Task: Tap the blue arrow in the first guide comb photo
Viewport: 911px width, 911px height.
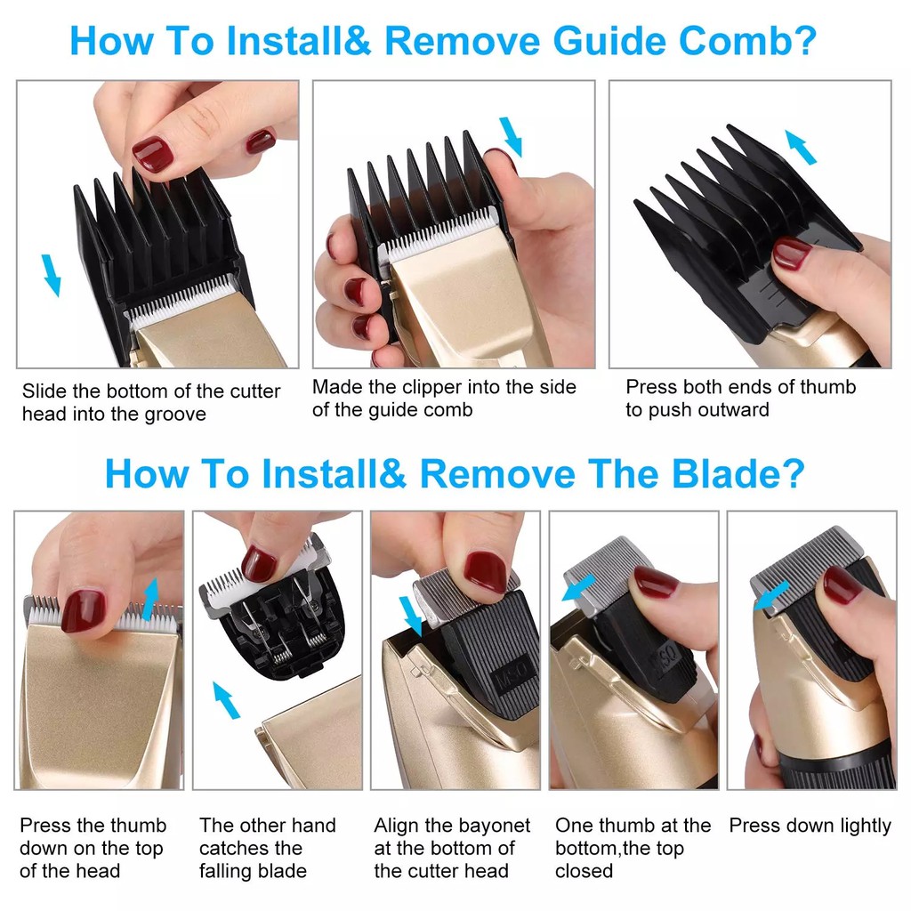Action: [x=51, y=276]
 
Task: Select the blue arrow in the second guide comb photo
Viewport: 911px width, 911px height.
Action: [x=512, y=137]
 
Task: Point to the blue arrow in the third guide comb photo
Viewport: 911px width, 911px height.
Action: [x=801, y=147]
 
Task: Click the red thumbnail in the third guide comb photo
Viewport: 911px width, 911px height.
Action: [x=790, y=253]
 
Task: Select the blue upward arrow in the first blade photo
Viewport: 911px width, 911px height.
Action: [x=151, y=599]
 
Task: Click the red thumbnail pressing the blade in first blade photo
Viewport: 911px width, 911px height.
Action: [x=84, y=611]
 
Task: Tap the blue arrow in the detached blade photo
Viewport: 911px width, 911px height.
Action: [x=226, y=700]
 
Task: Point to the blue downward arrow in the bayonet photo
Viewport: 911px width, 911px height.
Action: [x=411, y=617]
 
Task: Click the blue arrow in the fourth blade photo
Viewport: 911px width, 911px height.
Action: [x=578, y=588]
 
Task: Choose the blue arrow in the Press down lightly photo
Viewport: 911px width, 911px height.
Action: [x=772, y=597]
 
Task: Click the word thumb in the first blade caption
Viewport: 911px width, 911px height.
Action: [x=138, y=825]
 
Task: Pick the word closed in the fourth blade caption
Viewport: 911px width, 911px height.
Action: [x=584, y=871]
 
